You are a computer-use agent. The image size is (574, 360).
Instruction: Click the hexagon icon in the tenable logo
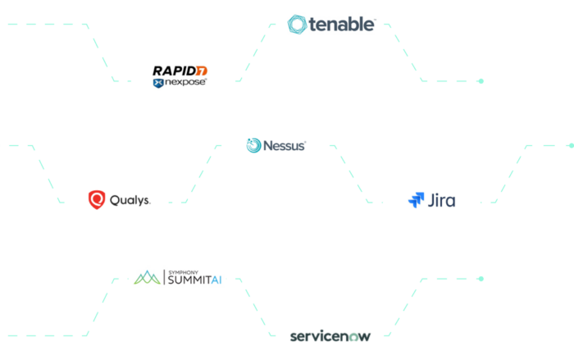pos(298,25)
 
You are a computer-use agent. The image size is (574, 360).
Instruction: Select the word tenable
pos(341,25)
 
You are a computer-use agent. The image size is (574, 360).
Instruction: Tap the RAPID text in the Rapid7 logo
pos(174,70)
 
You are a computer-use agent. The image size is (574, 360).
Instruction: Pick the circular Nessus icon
pos(254,146)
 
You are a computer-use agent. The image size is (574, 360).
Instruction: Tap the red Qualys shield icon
pos(97,199)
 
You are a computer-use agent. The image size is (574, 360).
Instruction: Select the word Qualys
pos(130,199)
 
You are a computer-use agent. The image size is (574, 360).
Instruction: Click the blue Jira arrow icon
pos(417,199)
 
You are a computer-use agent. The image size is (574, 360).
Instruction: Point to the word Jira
pos(442,199)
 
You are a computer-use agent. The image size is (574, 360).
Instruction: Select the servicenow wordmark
pos(330,335)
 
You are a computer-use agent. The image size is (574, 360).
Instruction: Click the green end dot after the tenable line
pos(481,81)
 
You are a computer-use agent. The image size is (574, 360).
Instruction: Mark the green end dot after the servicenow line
pos(481,279)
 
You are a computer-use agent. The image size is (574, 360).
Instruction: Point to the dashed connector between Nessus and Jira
pos(354,173)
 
